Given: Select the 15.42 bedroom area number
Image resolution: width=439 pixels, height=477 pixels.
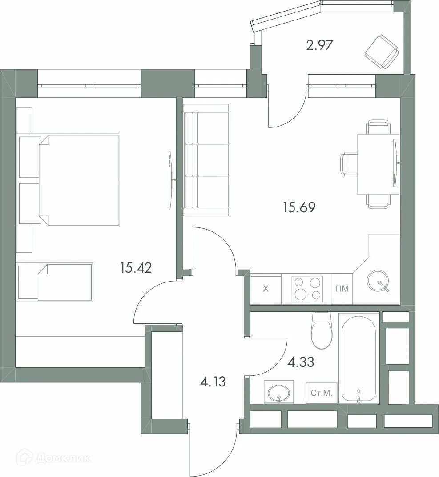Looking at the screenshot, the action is coord(136,268).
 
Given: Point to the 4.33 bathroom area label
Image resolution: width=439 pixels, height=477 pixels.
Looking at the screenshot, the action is coord(301,362).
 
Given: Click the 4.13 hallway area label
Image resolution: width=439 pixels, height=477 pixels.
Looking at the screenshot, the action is coord(213,381).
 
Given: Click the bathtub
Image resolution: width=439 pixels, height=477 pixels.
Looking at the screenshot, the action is coord(358,358).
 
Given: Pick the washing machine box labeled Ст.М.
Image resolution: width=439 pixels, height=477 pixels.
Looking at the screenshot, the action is coord(322,393).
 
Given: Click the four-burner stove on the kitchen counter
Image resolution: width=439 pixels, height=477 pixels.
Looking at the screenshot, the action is coord(307,289).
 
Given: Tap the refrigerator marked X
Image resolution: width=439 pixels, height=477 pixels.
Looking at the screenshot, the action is coord(266,289).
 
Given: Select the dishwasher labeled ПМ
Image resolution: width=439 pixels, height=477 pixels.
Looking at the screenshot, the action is coord(342,289).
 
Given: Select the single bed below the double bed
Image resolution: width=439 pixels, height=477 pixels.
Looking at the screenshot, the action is coord(55,282).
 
